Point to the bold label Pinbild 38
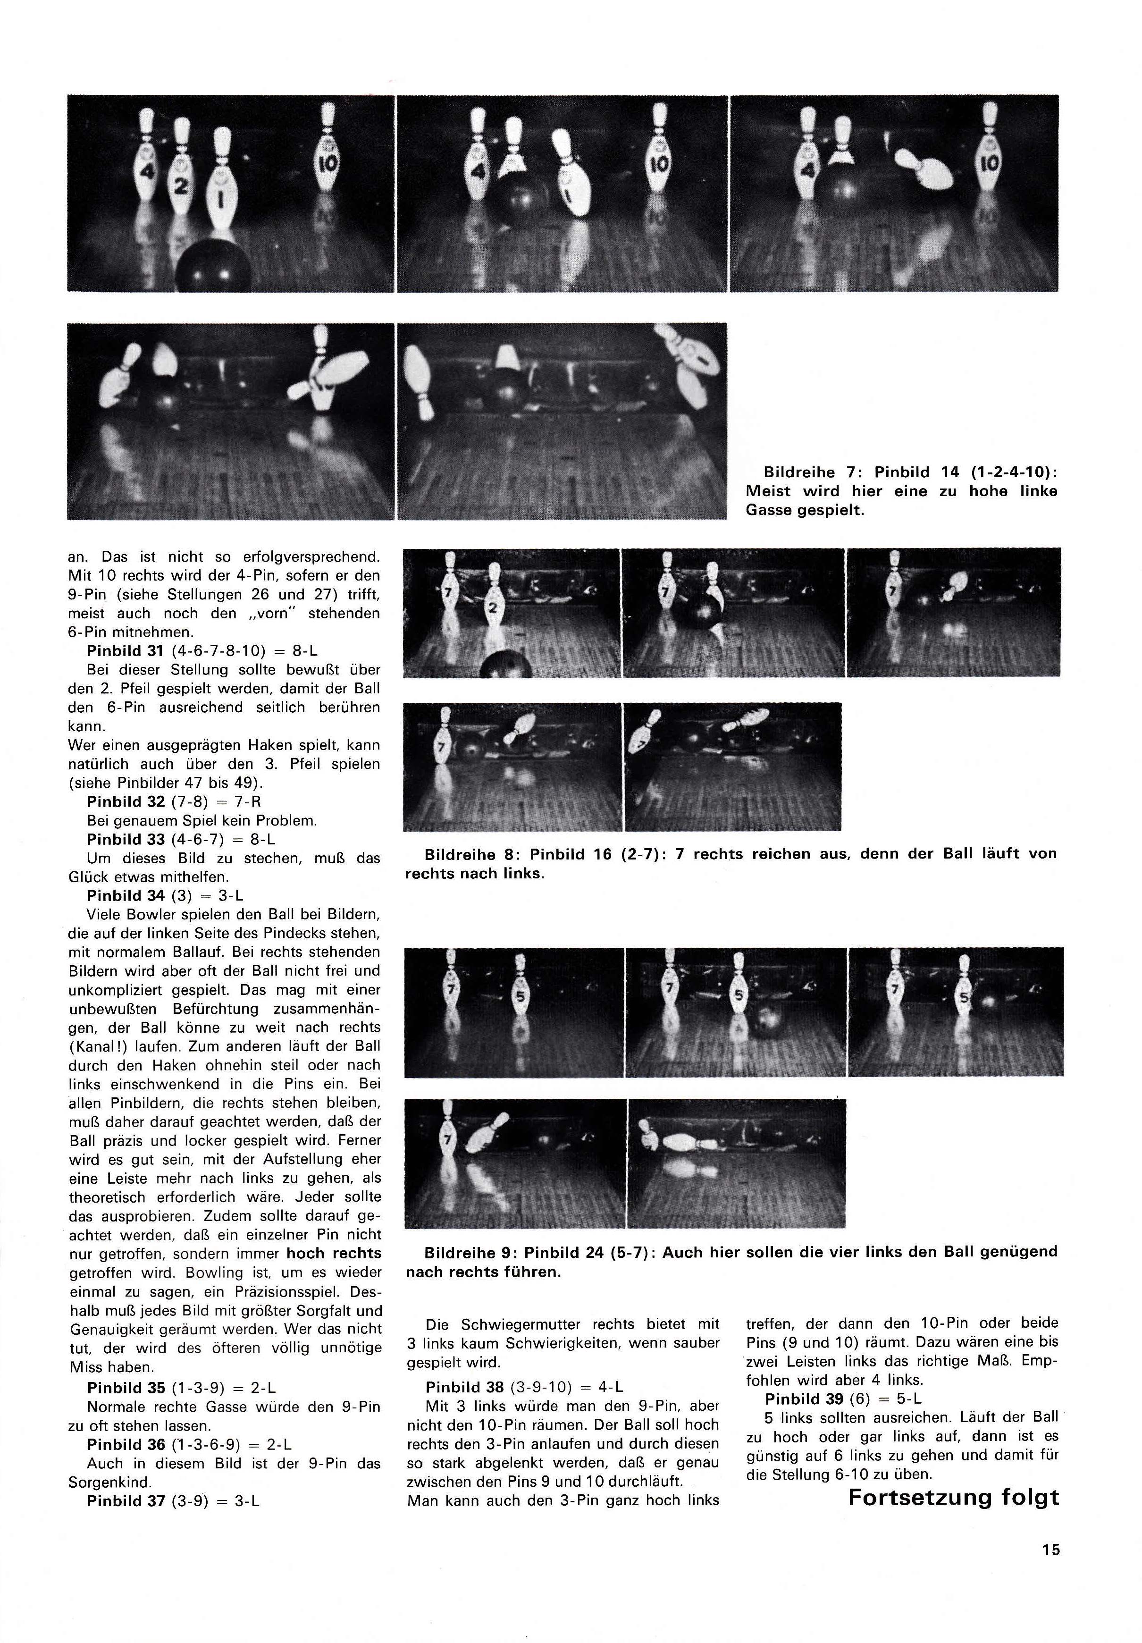pyautogui.click(x=467, y=1387)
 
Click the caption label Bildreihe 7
pyautogui.click(x=799, y=472)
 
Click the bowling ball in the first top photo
pyautogui.click(x=214, y=272)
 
